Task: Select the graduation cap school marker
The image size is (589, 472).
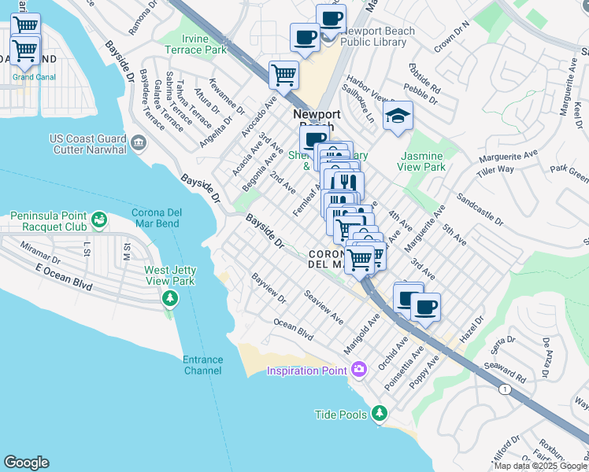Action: (x=398, y=116)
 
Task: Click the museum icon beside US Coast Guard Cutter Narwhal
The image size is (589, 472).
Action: (x=139, y=142)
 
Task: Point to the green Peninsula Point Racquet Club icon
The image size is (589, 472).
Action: (x=98, y=218)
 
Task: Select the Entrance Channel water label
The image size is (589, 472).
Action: (x=203, y=365)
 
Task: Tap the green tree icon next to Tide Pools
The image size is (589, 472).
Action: (x=380, y=413)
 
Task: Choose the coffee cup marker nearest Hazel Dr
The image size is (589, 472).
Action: (x=426, y=307)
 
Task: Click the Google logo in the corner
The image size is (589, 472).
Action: (x=26, y=463)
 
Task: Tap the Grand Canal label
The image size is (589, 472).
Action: (x=34, y=77)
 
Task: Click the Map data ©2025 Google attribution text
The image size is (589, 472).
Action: (x=541, y=466)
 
